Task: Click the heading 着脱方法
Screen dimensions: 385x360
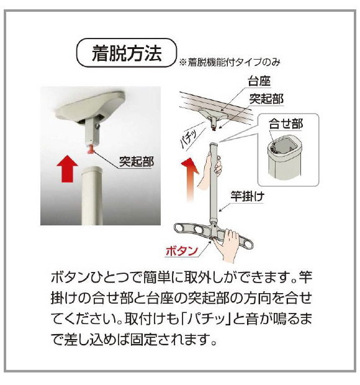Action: (127, 53)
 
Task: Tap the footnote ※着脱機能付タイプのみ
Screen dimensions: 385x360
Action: (231, 62)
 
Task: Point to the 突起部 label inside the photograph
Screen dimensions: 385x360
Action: (136, 162)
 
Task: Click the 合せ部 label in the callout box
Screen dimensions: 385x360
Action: (286, 124)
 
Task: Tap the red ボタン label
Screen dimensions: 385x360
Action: (181, 251)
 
